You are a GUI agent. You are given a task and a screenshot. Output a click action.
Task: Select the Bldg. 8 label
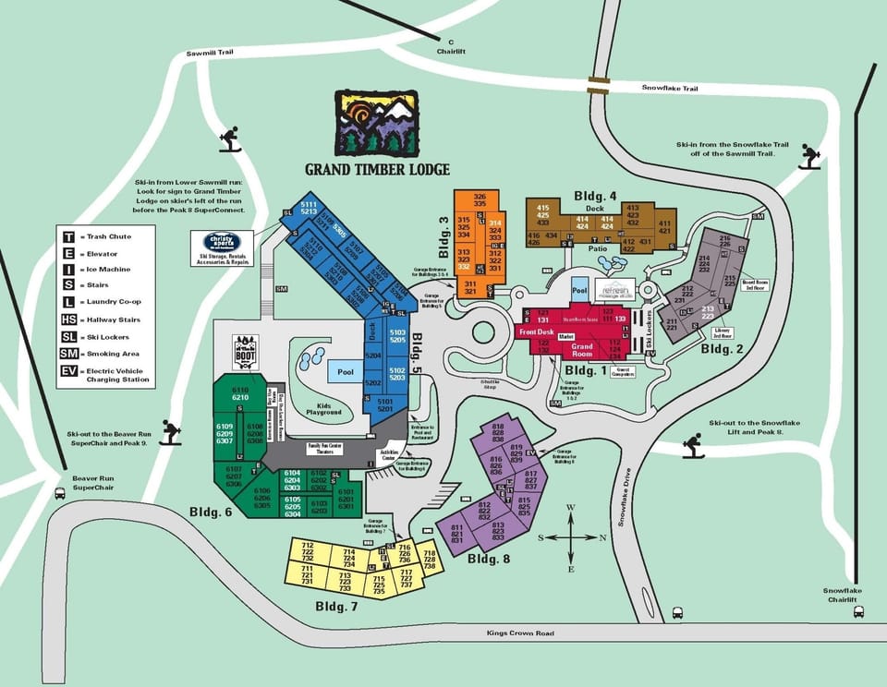tap(490, 558)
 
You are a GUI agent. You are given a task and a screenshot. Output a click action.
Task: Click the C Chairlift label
tap(452, 47)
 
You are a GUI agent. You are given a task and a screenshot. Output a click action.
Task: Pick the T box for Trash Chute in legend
tap(68, 236)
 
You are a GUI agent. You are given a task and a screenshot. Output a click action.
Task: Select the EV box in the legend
tap(68, 372)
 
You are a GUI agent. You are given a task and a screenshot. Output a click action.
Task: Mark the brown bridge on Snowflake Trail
tap(599, 86)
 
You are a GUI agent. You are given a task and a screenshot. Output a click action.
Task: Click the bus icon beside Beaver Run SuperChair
tap(60, 493)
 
